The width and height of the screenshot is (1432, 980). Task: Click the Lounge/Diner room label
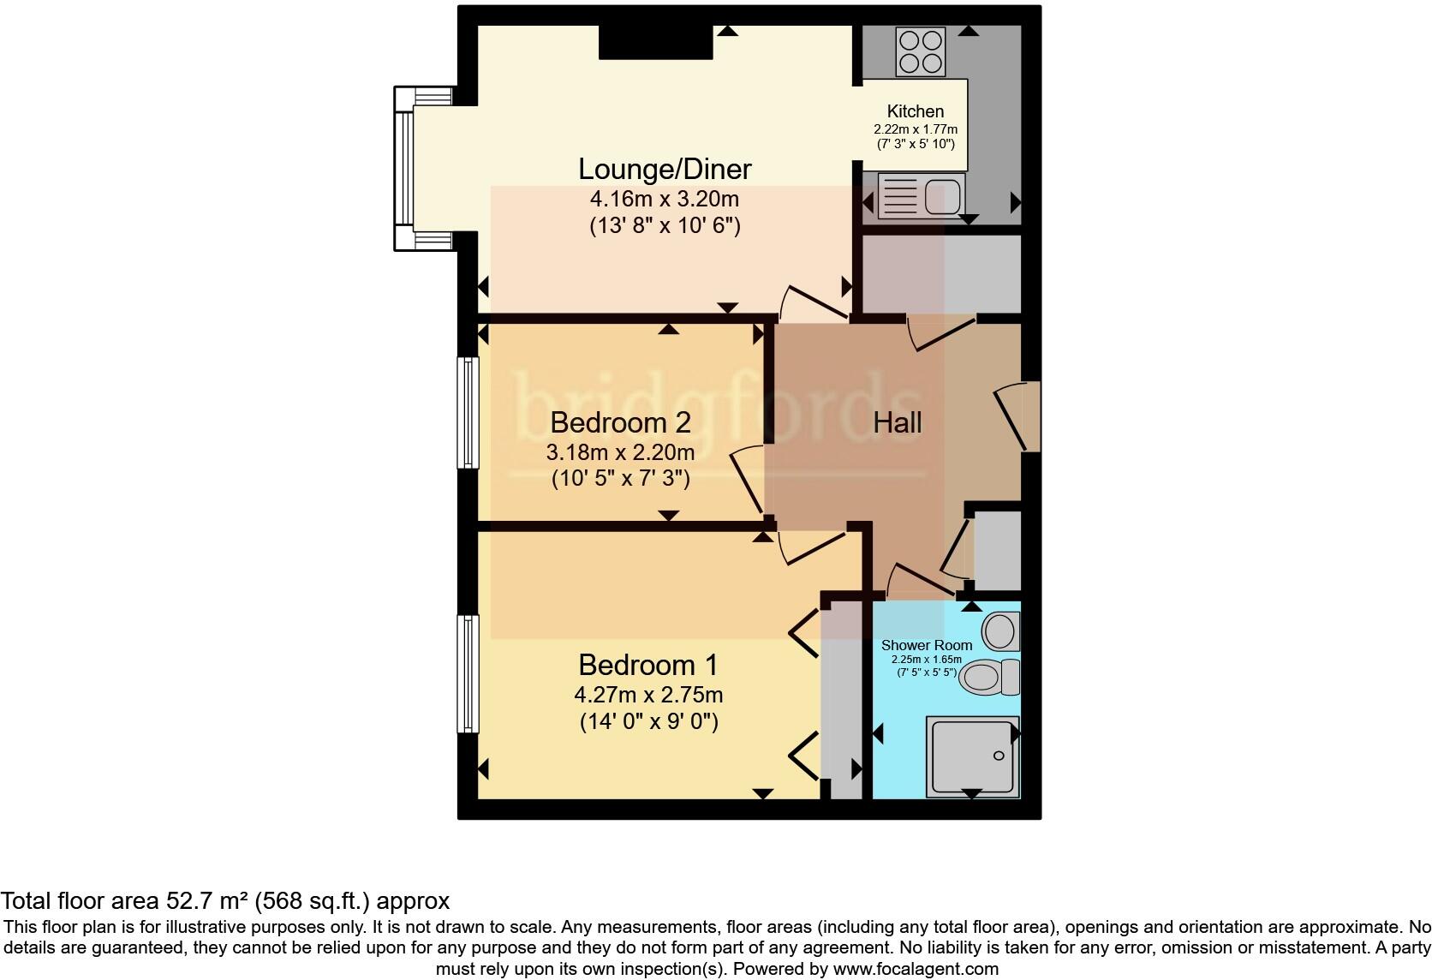pos(665,169)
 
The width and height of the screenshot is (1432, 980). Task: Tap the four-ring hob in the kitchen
pos(919,51)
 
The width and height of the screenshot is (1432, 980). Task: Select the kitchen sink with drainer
pos(920,195)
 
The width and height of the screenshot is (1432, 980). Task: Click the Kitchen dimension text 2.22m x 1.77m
pos(915,129)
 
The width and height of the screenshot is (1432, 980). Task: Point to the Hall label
pos(897,422)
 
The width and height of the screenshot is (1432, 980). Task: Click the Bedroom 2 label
pos(620,422)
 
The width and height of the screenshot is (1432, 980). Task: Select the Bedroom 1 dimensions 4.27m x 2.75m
pos(649,695)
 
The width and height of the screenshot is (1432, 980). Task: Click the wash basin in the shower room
pos(999,632)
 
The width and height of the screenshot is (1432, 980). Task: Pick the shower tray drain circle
pos(998,756)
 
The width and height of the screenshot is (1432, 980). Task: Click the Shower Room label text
pos(927,645)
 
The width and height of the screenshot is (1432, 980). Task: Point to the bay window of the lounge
pos(405,168)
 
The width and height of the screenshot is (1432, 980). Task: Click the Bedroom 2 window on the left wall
pos(467,412)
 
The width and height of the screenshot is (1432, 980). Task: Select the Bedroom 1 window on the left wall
pos(467,673)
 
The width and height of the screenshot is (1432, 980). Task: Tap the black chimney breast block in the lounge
pos(655,42)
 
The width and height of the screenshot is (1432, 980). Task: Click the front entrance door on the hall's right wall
pos(1019,416)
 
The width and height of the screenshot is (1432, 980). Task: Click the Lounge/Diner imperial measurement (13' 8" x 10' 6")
pos(665,226)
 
